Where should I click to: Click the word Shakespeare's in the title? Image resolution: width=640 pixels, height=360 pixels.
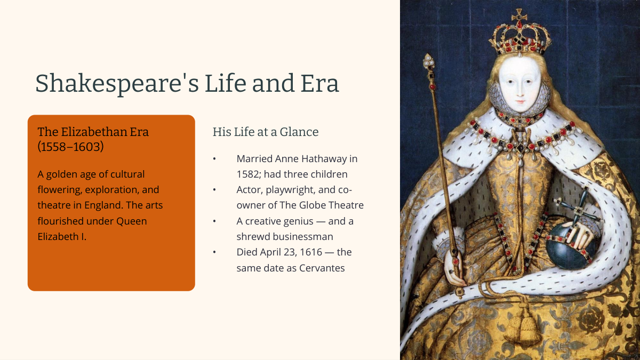(117, 83)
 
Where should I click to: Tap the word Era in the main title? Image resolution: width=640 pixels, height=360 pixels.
(319, 83)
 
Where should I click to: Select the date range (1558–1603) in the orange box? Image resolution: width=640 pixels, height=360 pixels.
(70, 147)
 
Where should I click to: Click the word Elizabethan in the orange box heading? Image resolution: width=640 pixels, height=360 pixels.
(94, 132)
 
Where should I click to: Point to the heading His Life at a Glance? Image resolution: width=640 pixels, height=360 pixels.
(266, 132)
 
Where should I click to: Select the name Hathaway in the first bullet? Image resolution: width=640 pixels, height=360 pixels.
(311, 158)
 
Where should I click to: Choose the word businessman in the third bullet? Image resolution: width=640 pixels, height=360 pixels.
(303, 237)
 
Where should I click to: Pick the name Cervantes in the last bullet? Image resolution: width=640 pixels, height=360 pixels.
(322, 268)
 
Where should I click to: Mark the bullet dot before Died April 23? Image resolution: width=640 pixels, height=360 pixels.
(214, 252)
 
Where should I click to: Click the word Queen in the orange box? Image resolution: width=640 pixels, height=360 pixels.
(131, 221)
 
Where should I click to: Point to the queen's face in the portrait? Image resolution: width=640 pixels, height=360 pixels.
(519, 84)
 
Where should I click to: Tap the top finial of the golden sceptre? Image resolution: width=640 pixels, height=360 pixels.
(429, 61)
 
